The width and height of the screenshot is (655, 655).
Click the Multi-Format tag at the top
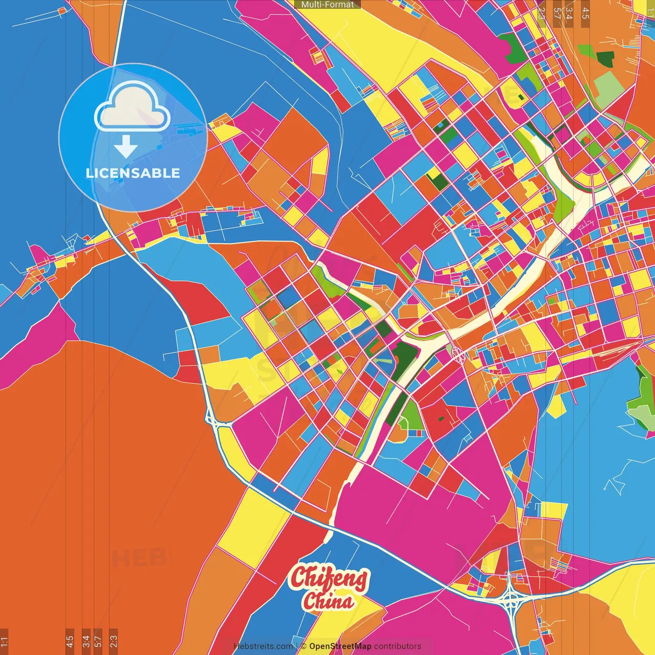click(x=327, y=5)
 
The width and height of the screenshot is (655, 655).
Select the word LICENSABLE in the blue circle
click(x=133, y=173)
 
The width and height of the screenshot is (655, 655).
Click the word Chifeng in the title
click(x=329, y=578)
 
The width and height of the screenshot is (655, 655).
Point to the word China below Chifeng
click(x=328, y=601)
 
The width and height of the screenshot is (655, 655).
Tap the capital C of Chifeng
click(x=300, y=577)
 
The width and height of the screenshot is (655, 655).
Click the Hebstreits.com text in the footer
click(x=264, y=646)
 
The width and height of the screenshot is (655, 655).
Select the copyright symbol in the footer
click(x=303, y=646)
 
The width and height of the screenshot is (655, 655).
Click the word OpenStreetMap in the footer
click(x=340, y=646)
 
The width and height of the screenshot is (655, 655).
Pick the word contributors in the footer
click(x=398, y=646)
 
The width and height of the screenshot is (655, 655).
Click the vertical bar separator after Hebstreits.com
click(x=297, y=646)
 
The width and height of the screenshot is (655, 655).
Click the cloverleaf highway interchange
click(x=511, y=598)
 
